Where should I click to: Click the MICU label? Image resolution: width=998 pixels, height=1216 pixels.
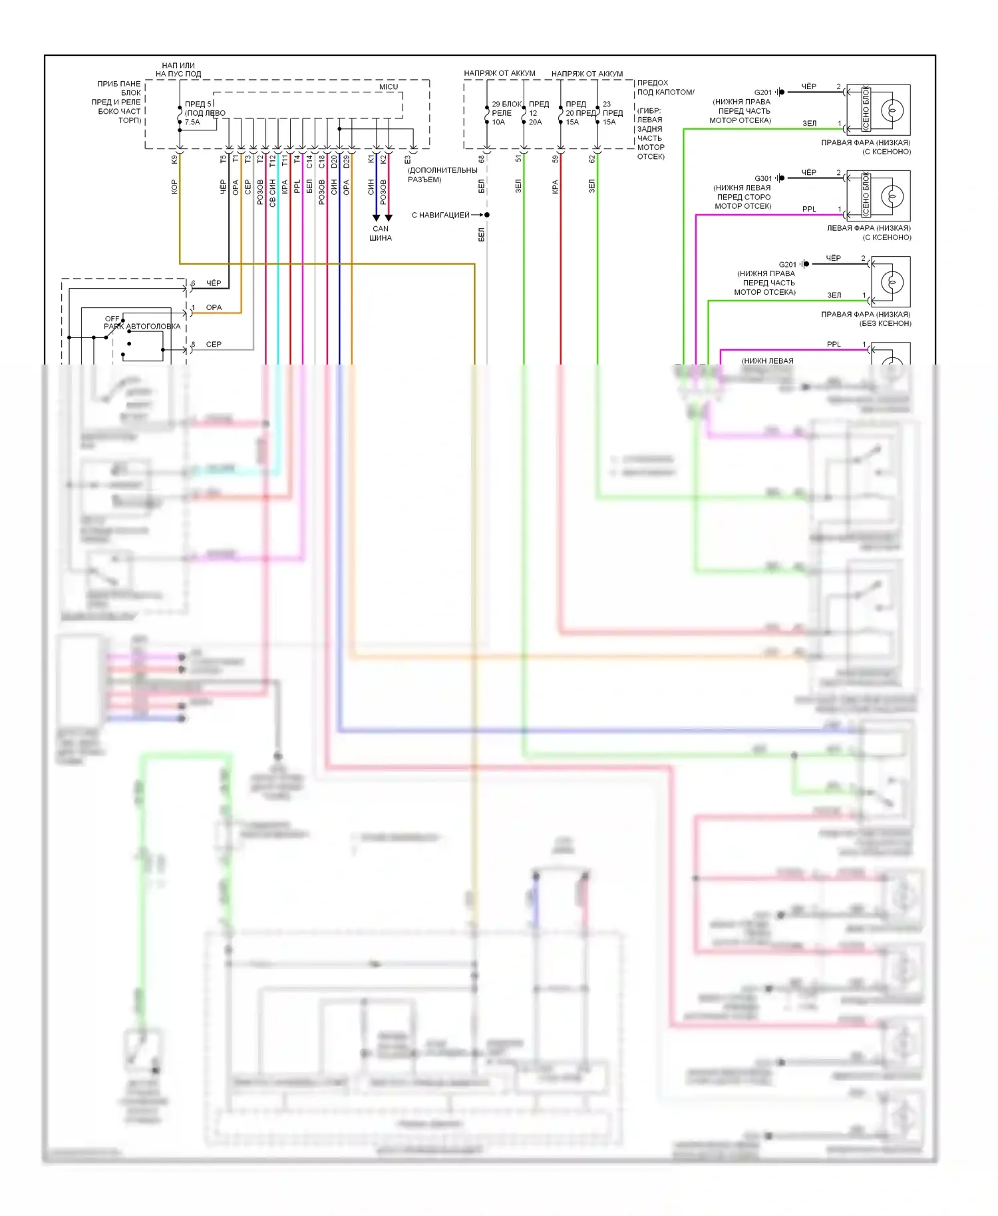389,87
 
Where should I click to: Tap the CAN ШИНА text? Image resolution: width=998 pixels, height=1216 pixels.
381,233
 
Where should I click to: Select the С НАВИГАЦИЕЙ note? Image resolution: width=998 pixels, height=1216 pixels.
440,215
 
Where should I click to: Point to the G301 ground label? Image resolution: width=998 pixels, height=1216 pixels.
763,178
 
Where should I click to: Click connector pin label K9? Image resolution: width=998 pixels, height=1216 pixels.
174,160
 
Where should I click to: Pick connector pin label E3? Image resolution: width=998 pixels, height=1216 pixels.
408,160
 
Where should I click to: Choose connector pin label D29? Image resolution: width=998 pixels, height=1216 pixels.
347,160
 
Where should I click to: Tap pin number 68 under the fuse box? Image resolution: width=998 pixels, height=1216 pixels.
482,159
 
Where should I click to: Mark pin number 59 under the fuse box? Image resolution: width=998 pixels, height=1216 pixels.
556,159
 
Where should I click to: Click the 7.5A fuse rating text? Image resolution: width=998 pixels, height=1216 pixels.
192,122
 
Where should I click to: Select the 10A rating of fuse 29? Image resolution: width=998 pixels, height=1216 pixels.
498,122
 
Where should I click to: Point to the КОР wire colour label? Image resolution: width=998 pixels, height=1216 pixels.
174,187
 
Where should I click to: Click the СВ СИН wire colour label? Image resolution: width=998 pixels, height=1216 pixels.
273,193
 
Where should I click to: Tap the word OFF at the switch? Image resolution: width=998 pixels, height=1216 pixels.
112,319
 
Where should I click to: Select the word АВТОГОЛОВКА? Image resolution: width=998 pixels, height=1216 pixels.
154,327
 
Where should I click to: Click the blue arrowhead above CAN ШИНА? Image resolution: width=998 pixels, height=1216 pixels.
376,218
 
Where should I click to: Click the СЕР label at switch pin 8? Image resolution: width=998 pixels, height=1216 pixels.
214,345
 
